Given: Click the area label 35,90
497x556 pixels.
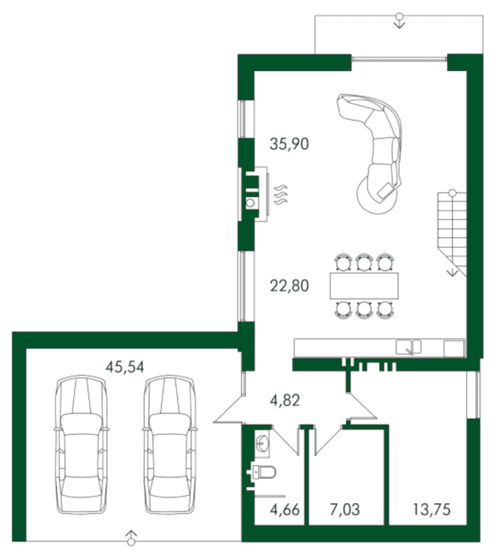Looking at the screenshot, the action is tap(289, 144).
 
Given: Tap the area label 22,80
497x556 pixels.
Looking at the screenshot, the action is tap(289, 285).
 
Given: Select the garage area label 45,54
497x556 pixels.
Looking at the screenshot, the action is tap(125, 367).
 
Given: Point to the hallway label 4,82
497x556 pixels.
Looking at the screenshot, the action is tap(284, 400).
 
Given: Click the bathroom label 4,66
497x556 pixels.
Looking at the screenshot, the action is tap(284, 510).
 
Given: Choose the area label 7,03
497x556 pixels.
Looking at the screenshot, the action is tap(344, 510).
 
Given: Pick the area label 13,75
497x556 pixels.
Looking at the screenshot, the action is tap(431, 510).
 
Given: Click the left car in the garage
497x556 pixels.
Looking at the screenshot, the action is tap(82, 445).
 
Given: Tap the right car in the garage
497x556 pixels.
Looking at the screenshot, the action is tap(169, 445).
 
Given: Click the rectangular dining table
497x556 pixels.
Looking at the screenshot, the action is tap(364, 286).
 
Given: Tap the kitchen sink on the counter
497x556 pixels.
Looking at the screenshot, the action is tap(408, 347).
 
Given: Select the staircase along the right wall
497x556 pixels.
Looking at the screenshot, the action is tap(452, 232).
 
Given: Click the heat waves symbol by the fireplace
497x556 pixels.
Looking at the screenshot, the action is tap(282, 194).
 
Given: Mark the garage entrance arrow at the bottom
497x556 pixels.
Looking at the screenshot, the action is tap(131, 537).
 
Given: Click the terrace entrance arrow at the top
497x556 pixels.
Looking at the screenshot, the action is tap(400, 20).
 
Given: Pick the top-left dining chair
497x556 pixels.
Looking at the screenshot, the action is tap(342, 263).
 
